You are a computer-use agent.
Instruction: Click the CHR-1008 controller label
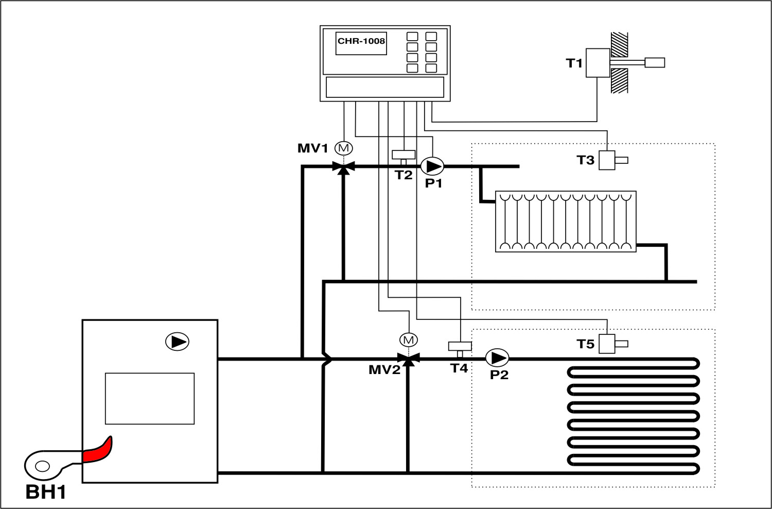click(361, 41)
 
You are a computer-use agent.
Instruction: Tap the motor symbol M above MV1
click(344, 148)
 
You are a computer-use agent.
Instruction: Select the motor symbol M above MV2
click(409, 340)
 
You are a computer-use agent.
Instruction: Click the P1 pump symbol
click(432, 166)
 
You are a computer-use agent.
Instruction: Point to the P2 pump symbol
click(497, 358)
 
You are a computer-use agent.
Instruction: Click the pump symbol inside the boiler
click(177, 342)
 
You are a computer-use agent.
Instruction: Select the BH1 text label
click(46, 493)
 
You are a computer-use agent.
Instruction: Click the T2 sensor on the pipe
click(403, 155)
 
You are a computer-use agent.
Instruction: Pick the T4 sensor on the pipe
click(460, 346)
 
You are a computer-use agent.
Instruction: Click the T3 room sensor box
click(607, 160)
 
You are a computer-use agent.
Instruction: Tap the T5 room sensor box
click(607, 344)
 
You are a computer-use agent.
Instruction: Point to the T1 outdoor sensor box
click(598, 63)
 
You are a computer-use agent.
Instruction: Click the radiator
click(566, 222)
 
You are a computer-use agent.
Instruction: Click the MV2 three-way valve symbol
click(409, 358)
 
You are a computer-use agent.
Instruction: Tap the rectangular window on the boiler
click(150, 398)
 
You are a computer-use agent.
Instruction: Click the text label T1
click(574, 63)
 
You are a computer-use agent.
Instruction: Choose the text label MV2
click(384, 369)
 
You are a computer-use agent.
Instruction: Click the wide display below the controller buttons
click(385, 87)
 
